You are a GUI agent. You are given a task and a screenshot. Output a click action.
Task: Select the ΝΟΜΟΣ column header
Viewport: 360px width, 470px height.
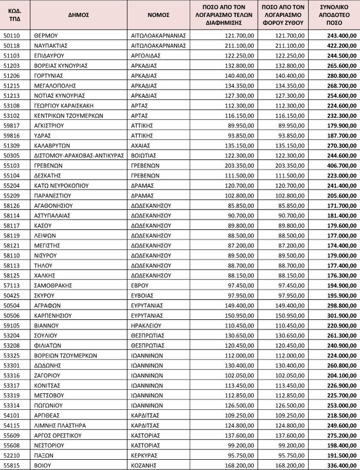[158, 15]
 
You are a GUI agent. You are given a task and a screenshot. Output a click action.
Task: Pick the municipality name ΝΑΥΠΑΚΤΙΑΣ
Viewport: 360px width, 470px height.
[51, 45]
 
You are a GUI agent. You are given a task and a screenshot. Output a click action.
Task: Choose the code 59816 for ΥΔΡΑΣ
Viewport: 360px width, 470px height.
[12, 135]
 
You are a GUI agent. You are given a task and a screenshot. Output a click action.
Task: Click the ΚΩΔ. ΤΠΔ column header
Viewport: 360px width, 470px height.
[15, 15]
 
